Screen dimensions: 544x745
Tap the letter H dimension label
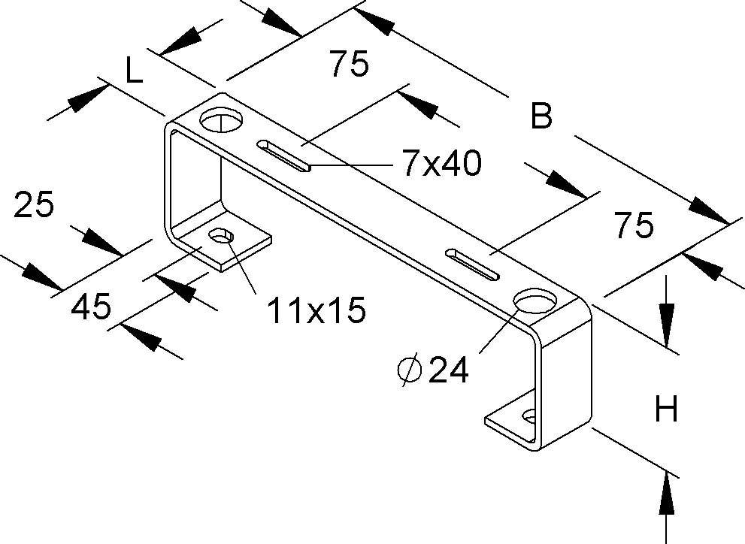(666, 410)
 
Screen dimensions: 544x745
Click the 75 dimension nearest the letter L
(348, 65)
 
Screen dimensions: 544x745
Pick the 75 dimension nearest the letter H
(633, 225)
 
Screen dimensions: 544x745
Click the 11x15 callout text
(316, 310)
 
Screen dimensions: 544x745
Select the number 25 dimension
(35, 205)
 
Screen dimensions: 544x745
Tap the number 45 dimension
(92, 307)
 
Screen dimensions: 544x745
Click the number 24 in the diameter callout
(448, 370)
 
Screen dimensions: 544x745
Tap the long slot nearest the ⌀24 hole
(472, 264)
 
